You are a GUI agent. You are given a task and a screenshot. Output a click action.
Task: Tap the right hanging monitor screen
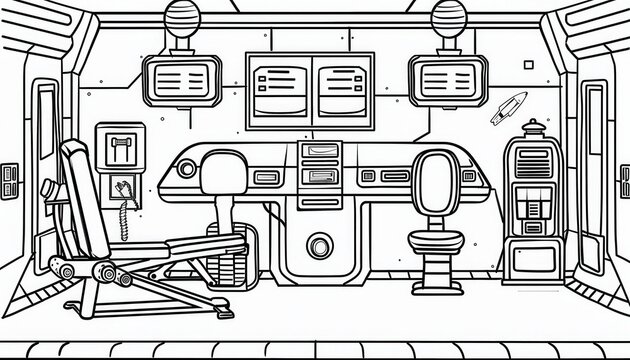(448, 79)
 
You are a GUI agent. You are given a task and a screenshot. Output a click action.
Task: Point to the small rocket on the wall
(508, 107)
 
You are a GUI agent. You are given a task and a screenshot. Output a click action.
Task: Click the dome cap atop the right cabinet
(535, 128)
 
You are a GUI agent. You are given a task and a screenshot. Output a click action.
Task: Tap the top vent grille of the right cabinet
(534, 159)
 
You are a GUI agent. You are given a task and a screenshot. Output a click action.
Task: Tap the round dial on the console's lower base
(319, 247)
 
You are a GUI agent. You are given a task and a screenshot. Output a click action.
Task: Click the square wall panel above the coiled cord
(118, 149)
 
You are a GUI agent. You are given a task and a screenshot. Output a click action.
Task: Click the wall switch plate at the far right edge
(623, 181)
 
